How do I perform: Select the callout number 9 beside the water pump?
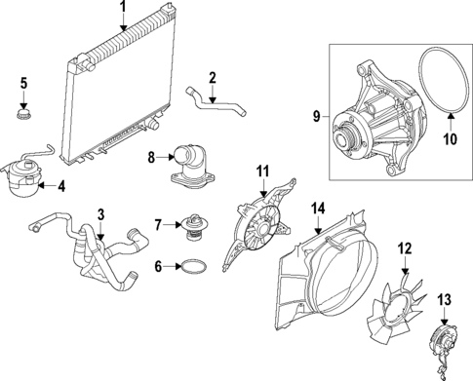[x=316, y=117]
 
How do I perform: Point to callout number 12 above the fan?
[x=403, y=249]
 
